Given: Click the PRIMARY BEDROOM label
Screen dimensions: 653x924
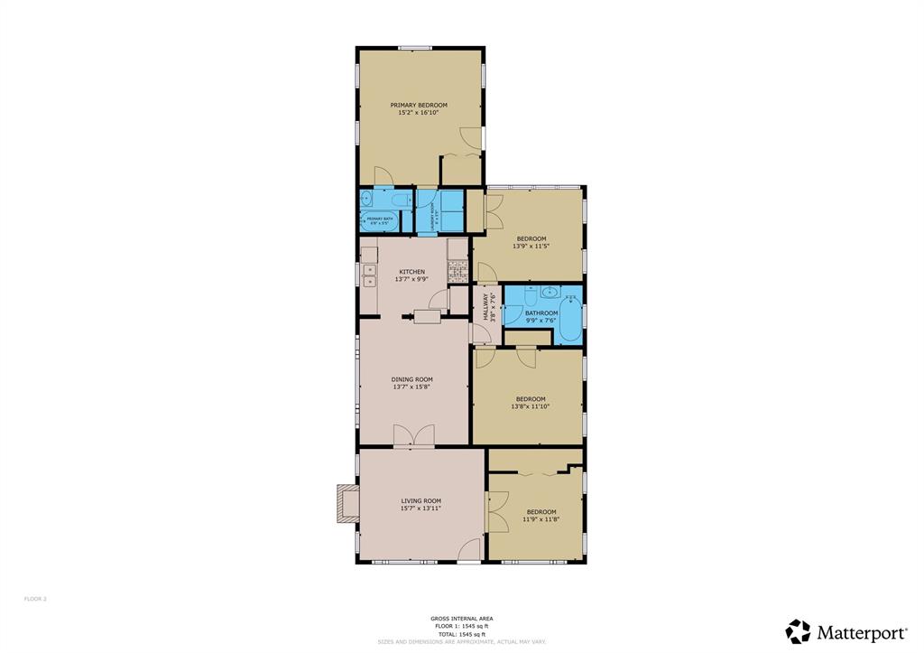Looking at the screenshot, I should coord(419,105).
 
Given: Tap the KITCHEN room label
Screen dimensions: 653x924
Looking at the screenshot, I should coord(412,272).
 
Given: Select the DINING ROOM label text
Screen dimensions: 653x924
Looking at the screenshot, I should coord(411,379).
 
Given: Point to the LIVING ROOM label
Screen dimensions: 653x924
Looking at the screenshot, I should coord(420,500).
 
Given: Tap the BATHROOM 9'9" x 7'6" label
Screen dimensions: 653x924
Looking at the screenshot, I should coord(541,313).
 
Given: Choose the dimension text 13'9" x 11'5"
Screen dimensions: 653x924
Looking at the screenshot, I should coord(531,246).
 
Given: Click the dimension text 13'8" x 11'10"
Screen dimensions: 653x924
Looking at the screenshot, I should coord(531,406).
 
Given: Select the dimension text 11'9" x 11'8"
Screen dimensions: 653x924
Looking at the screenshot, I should coord(541,519).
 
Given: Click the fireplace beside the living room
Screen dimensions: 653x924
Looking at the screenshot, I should coord(346,504).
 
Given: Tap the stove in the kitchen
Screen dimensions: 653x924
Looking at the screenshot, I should coord(457,268).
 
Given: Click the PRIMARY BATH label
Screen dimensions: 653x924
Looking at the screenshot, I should coord(380,219).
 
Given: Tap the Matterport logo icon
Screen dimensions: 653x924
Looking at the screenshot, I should coord(798,631).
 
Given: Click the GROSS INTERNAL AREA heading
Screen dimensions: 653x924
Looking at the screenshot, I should coord(461,619).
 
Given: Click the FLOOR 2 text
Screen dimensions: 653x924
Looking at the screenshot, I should coord(35,599).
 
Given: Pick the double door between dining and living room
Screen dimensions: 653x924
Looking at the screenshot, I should coord(414,437).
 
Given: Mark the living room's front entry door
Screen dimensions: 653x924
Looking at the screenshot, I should coord(469,551).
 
